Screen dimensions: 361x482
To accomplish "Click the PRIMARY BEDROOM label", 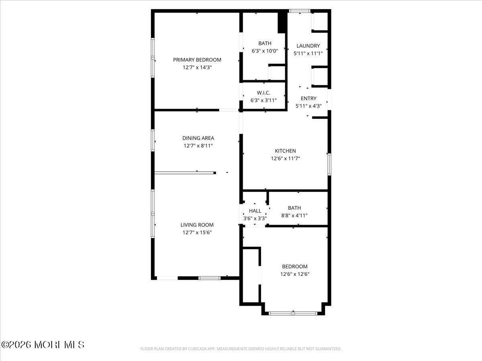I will [x=197, y=60].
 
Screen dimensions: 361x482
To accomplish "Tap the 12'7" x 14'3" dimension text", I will [x=197, y=67].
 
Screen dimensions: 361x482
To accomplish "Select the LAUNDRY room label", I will [x=308, y=46].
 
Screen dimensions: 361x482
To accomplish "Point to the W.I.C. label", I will [x=263, y=93].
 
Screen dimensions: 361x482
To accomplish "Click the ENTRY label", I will [x=308, y=98].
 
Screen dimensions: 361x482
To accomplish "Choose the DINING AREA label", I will [x=198, y=138].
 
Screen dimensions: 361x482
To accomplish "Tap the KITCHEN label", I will [x=285, y=151].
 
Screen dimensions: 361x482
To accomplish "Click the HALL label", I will [x=255, y=211].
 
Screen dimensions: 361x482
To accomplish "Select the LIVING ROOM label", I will [x=197, y=225].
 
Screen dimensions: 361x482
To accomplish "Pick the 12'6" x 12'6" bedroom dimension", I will [x=294, y=274].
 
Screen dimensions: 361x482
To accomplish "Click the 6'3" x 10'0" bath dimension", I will [x=265, y=51].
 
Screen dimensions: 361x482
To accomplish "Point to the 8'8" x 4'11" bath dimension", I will [x=294, y=215].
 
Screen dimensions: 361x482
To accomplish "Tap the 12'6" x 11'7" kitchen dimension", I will [x=285, y=158].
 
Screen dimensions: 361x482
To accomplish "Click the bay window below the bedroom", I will [x=293, y=313].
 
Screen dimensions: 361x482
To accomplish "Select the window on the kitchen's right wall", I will [x=329, y=164].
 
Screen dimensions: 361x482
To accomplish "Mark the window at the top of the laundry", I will [x=300, y=11].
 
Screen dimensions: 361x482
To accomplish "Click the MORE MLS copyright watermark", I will [x=43, y=345].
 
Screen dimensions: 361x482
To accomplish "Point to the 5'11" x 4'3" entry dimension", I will [x=308, y=106].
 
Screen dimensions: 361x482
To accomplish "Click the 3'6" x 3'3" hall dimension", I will [x=255, y=219].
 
